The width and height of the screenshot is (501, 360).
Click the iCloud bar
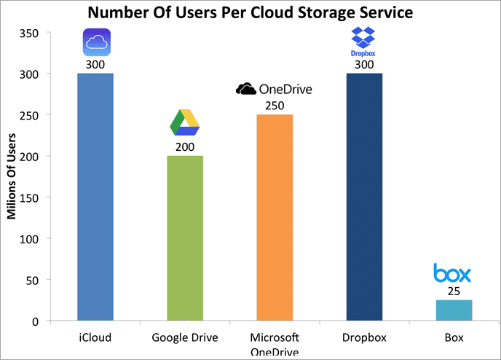pos(95,197)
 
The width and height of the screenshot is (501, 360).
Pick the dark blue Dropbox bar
pos(363,197)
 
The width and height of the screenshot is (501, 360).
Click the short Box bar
pos(453,310)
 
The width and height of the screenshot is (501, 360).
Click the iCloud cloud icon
pos(95,42)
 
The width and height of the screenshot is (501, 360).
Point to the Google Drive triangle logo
pos(185,122)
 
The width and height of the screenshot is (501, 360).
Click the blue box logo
pos(452,274)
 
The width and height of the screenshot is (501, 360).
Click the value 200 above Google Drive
pos(185,147)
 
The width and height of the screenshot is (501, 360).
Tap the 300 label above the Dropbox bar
pos(363,65)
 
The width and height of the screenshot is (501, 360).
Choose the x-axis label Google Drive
pos(185,338)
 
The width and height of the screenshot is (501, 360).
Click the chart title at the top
pos(250,12)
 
